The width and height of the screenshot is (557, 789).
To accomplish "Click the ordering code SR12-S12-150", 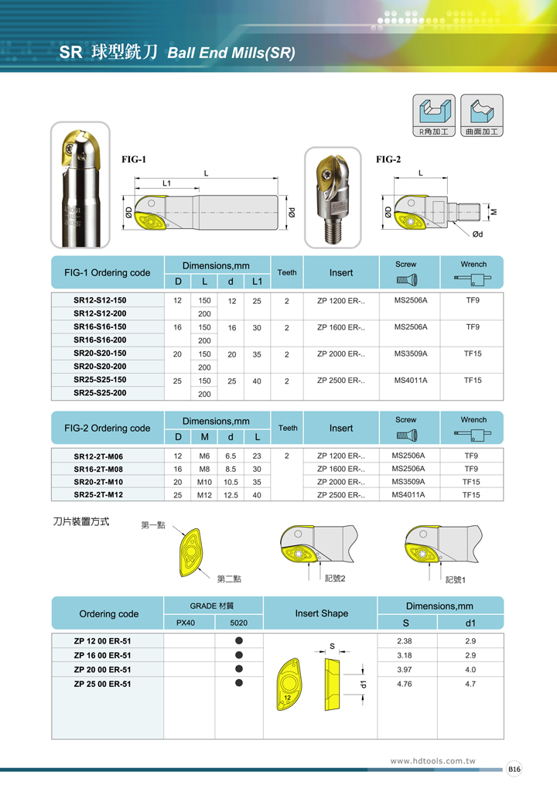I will (x=100, y=300).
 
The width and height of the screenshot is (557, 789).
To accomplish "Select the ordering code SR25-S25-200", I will (x=100, y=393).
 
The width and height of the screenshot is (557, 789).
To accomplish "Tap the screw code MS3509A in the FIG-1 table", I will (x=411, y=354).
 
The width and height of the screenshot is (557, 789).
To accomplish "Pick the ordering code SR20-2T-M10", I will (x=100, y=481).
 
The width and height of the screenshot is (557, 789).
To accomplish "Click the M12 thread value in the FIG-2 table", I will (x=204, y=495).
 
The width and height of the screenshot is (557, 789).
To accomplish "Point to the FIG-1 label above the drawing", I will (x=134, y=159).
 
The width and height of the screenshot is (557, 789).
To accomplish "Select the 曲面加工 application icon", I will (x=481, y=116).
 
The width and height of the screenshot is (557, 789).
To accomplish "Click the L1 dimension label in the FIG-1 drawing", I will (x=166, y=183).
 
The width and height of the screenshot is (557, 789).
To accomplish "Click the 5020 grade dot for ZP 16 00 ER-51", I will (x=239, y=654).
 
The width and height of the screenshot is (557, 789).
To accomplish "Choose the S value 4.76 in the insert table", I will (x=404, y=684).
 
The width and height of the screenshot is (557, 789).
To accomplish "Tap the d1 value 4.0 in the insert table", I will (x=470, y=669).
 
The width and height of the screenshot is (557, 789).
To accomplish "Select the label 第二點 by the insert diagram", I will (x=228, y=579).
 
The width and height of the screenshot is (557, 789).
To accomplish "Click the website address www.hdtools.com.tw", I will (x=433, y=761).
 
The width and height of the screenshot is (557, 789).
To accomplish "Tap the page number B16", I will (x=514, y=769).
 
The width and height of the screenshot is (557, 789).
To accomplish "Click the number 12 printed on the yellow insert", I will (x=287, y=697).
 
